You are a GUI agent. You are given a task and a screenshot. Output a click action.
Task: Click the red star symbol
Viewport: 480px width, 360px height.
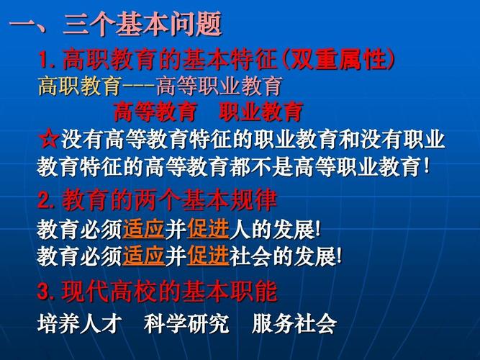click(48, 138)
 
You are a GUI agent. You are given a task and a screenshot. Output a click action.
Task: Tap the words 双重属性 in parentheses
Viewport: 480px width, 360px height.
click(338, 59)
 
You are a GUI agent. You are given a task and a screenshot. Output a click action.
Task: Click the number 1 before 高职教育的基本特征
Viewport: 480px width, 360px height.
click(42, 60)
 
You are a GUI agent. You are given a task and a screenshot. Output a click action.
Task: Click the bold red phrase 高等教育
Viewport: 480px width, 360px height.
click(155, 112)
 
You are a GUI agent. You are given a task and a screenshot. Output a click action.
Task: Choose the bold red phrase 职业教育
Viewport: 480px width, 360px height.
click(261, 112)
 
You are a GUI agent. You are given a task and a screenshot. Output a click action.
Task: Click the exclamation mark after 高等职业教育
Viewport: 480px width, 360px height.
click(427, 166)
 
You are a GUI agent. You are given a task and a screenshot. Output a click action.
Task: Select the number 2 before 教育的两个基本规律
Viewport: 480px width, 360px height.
click(44, 201)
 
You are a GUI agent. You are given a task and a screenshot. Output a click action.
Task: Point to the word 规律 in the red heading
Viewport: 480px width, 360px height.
click(253, 201)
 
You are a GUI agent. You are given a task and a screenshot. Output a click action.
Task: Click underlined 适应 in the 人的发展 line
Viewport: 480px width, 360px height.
click(144, 230)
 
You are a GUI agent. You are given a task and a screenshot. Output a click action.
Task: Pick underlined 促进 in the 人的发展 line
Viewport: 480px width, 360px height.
click(208, 230)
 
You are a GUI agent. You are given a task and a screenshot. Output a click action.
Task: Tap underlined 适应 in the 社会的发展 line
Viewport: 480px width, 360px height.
click(144, 256)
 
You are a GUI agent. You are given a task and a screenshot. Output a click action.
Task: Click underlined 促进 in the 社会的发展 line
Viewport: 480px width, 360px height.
click(208, 256)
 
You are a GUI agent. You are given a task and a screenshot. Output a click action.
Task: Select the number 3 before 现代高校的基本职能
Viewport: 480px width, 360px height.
click(44, 292)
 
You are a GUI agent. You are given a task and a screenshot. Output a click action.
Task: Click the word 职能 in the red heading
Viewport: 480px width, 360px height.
click(253, 292)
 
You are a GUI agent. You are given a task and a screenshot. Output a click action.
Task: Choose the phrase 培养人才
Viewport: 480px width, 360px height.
click(79, 323)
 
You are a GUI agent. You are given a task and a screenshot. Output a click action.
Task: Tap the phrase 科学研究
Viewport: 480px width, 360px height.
click(186, 323)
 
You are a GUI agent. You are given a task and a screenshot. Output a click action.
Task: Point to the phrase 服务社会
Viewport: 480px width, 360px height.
click(294, 323)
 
